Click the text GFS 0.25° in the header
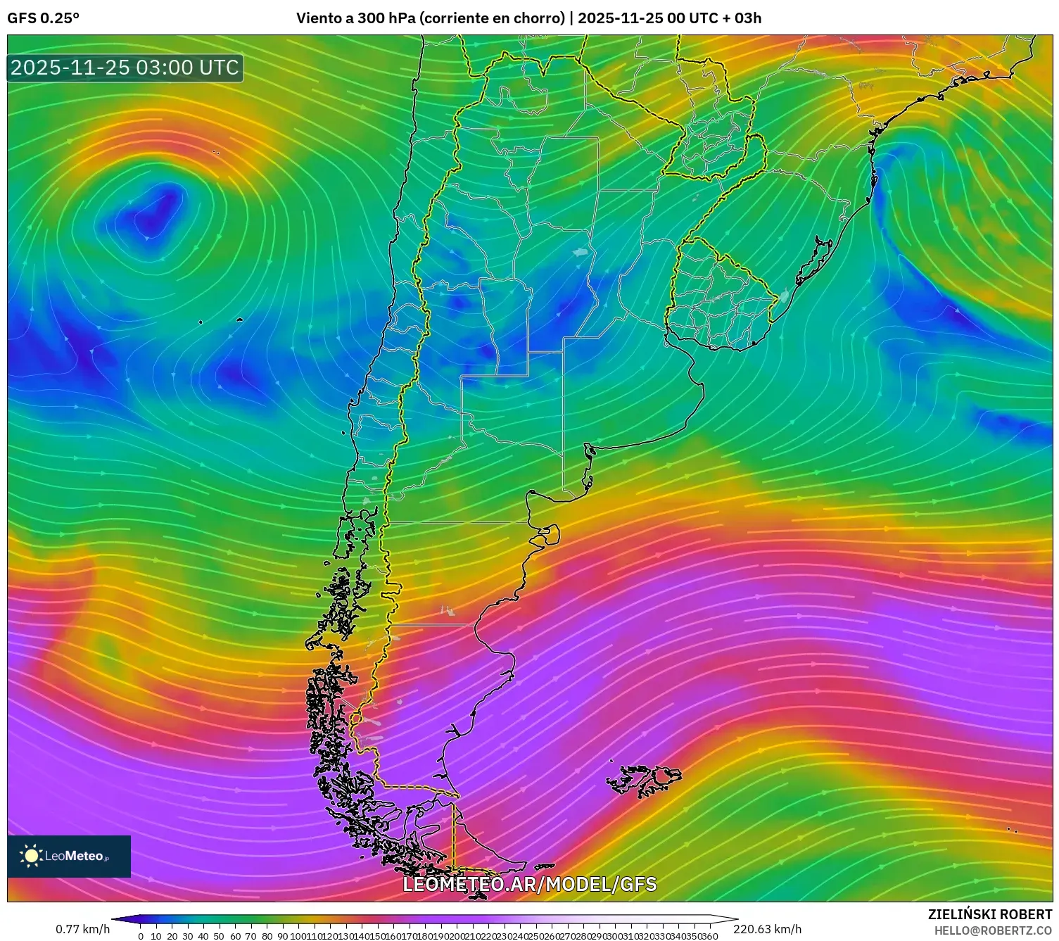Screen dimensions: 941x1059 [x=43, y=18]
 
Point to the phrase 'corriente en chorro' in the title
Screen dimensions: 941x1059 [x=493, y=18]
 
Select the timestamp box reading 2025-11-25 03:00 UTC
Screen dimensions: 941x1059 [x=125, y=68]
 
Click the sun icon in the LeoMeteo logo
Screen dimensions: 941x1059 [x=31, y=856]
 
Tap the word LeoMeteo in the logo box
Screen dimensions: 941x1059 [x=75, y=856]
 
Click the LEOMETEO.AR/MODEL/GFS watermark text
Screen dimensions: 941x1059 [x=529, y=884]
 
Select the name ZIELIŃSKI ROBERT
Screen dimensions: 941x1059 [x=989, y=914]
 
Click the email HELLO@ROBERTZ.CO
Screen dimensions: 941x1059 [x=992, y=930]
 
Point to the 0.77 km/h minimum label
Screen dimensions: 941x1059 [x=82, y=929]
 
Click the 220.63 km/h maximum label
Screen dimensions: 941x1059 [x=767, y=929]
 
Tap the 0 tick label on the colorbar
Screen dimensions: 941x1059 [x=141, y=937]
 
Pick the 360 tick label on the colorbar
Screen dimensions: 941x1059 [x=709, y=937]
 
